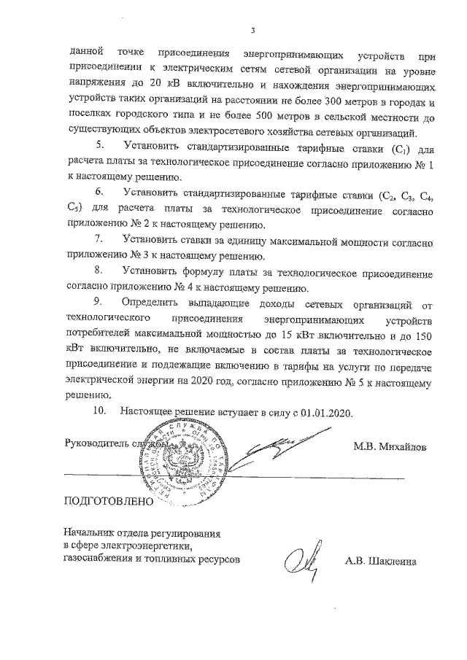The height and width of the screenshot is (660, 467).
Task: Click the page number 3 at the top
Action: [252, 31]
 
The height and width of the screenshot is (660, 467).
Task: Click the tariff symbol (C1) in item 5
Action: [398, 150]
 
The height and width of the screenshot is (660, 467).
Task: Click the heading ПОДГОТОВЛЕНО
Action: [109, 502]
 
